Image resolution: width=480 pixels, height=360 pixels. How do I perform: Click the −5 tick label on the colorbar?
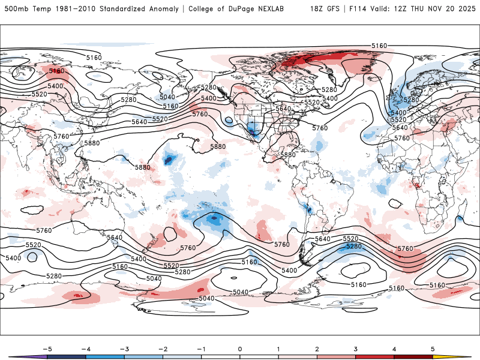[46, 349]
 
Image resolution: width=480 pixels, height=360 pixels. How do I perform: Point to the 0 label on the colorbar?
[239, 349]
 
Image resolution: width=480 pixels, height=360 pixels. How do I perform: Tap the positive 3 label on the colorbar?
[356, 349]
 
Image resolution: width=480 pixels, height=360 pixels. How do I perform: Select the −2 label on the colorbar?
[162, 349]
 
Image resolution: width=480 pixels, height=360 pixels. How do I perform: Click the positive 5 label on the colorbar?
[433, 349]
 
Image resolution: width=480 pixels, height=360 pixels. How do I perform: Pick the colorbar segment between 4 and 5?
[414, 357]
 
